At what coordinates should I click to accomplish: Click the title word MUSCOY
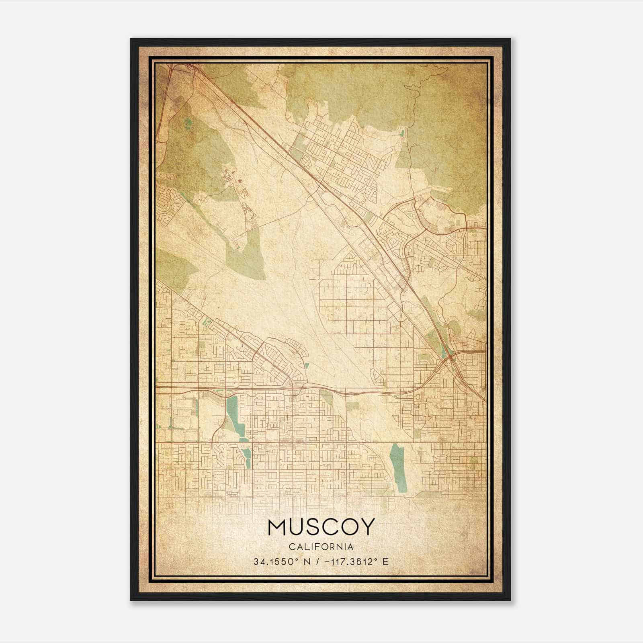coord(321,526)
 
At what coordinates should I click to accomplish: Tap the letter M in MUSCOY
coord(277,526)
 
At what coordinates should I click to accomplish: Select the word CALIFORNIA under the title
coord(321,547)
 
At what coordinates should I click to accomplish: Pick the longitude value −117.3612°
coord(348,561)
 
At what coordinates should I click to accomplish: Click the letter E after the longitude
coord(386,561)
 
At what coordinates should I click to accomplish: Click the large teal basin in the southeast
coord(398,466)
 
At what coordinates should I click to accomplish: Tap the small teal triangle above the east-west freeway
coord(307,366)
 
